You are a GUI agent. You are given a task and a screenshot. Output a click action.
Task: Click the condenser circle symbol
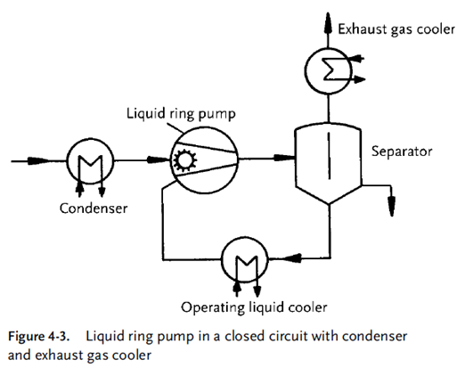(68, 160)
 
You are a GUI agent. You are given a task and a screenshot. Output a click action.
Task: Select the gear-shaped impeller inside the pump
(185, 160)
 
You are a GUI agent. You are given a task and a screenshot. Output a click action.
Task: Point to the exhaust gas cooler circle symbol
(306, 70)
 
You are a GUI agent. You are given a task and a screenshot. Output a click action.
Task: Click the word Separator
(402, 151)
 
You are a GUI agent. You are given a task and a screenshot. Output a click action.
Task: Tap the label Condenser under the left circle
(94, 209)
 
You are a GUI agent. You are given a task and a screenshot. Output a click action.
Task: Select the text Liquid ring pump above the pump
(181, 114)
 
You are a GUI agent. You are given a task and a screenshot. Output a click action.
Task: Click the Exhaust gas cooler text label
(396, 29)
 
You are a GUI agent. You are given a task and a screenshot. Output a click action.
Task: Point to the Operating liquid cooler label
(254, 307)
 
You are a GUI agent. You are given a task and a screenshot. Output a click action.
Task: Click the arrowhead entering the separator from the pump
(283, 158)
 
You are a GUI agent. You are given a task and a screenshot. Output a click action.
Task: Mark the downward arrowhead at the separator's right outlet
(392, 206)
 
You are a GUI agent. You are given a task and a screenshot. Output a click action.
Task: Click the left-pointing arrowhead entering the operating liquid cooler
(291, 258)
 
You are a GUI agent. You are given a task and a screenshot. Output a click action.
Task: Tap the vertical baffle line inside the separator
(329, 156)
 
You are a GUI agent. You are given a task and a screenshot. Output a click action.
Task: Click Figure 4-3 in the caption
(38, 337)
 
